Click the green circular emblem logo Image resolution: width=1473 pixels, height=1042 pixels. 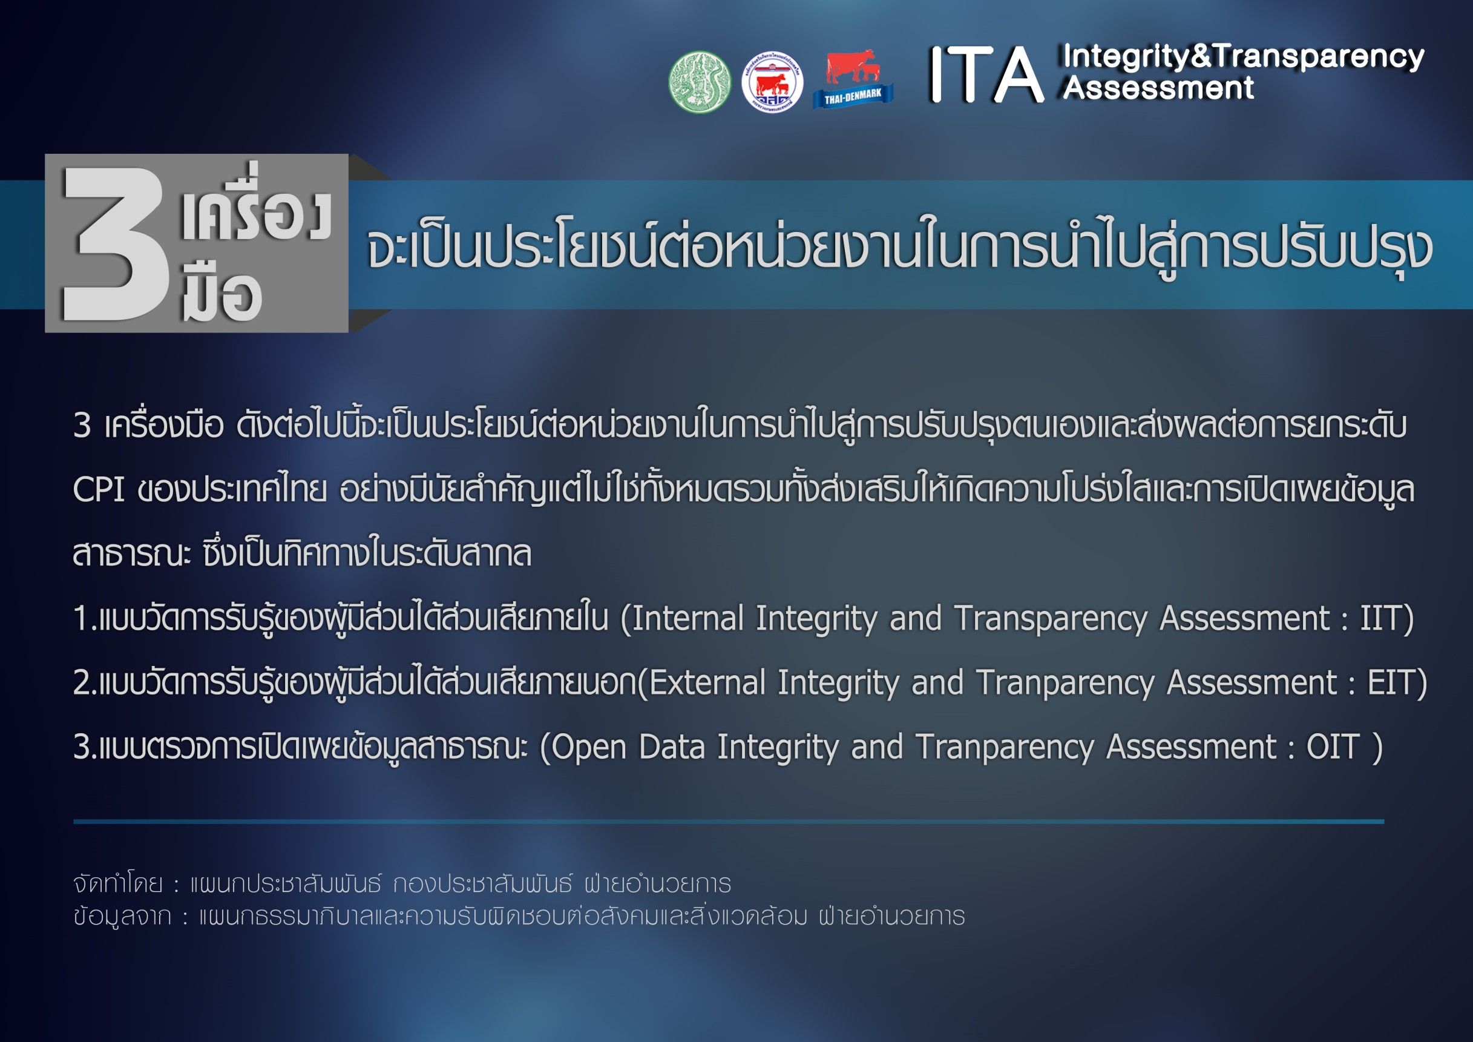point(700,82)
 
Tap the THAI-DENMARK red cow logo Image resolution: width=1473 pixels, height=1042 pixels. point(853,79)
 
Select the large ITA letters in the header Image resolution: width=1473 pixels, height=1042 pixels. point(986,75)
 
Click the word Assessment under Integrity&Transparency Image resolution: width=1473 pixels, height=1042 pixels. point(1158,88)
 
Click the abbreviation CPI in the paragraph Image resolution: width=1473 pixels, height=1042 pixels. point(98,490)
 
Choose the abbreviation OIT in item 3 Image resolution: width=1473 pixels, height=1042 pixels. point(1333,747)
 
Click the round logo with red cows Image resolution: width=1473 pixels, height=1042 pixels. point(772,82)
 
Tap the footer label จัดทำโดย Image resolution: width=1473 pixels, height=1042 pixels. point(117,883)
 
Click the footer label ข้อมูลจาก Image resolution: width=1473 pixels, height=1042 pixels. point(122,916)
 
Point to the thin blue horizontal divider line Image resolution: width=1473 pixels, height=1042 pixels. point(729,821)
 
